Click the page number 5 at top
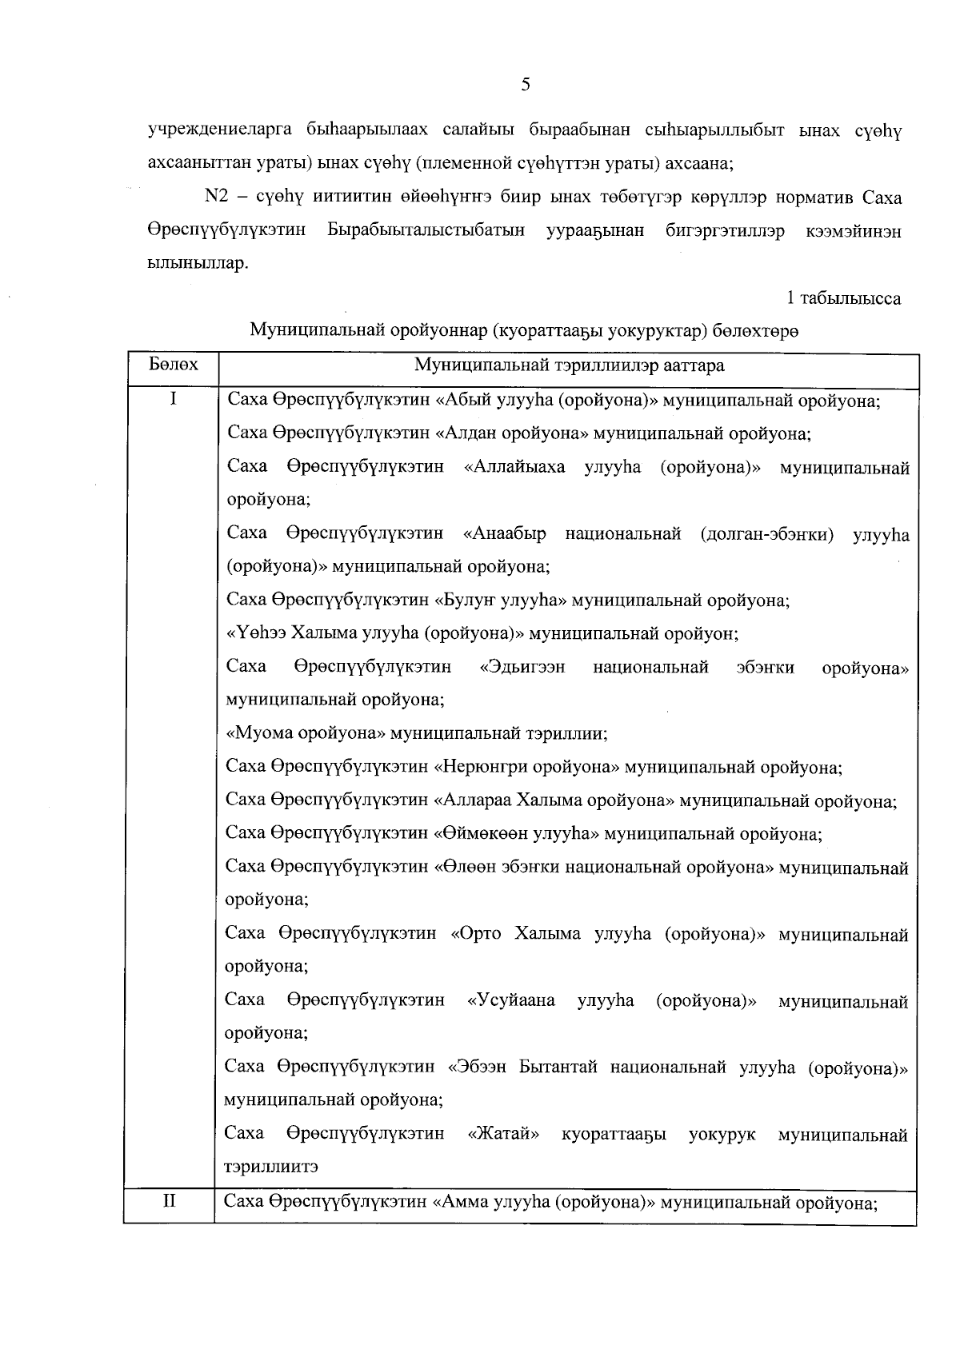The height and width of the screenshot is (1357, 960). pyautogui.click(x=526, y=86)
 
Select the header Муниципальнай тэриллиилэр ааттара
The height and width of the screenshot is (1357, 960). pyautogui.click(x=569, y=365)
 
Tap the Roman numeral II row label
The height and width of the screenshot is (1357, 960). pyautogui.click(x=170, y=1200)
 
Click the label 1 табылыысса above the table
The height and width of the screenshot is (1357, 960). pyautogui.click(x=844, y=298)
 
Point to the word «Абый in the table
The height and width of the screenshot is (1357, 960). pyautogui.click(x=464, y=401)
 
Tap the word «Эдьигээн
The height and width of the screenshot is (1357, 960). pyautogui.click(x=522, y=667)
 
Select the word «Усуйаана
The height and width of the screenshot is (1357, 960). pyautogui.click(x=511, y=1000)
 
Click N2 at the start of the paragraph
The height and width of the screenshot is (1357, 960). pyautogui.click(x=218, y=198)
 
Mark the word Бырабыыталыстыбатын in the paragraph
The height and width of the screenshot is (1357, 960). pyautogui.click(x=426, y=231)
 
